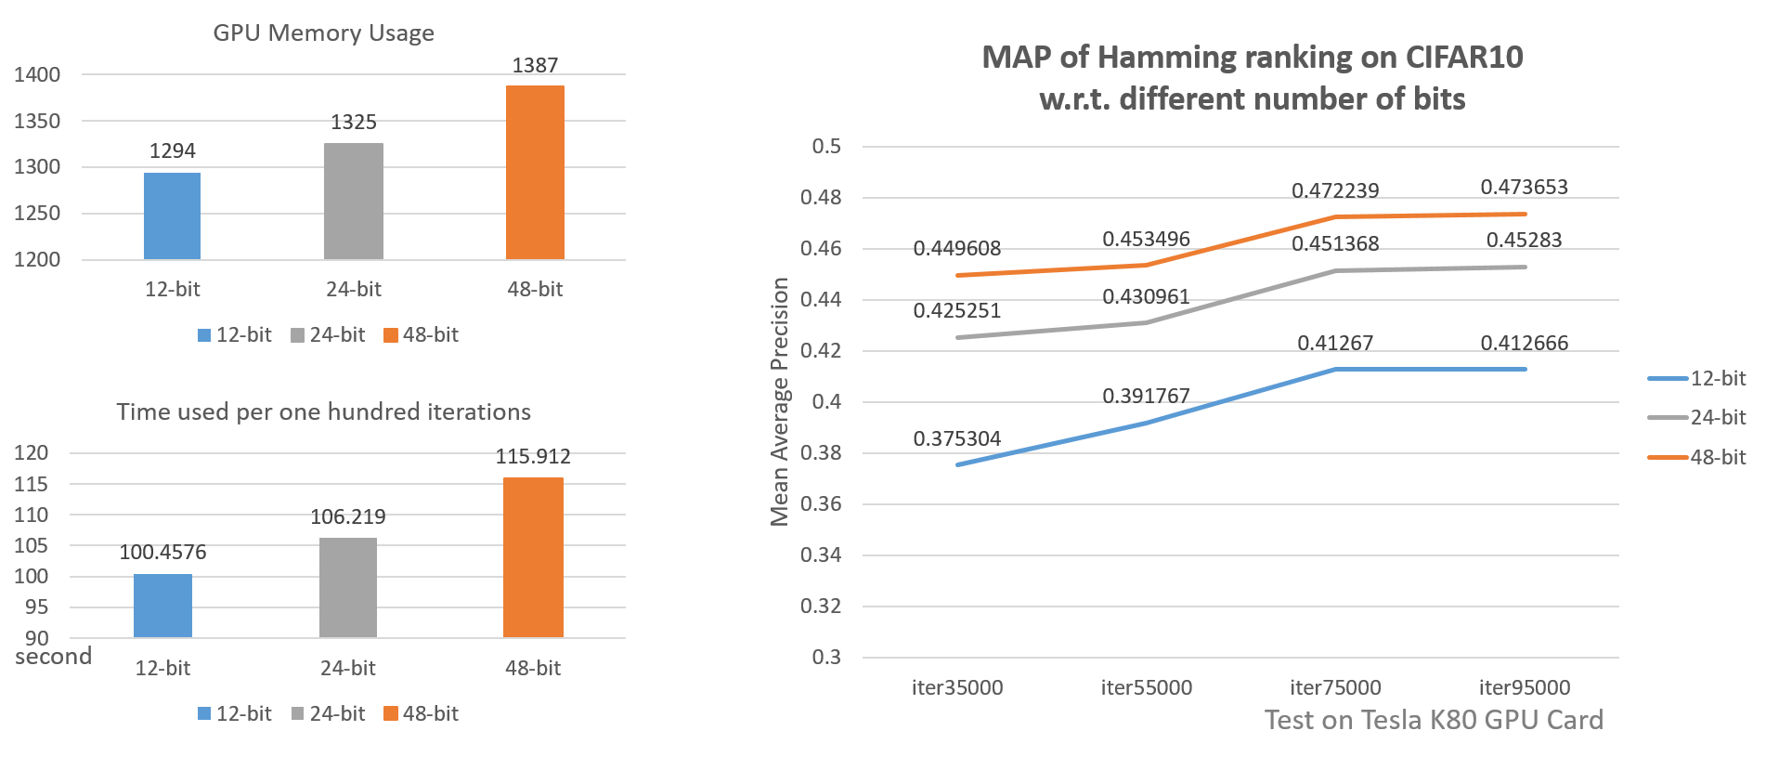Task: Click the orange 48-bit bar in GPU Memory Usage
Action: (x=535, y=173)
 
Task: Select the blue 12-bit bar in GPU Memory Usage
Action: (x=172, y=216)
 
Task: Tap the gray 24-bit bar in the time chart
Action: (x=348, y=587)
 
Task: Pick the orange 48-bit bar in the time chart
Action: (x=533, y=557)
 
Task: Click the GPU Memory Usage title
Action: (x=323, y=33)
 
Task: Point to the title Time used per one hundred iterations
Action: (x=323, y=412)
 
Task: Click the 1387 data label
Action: (x=535, y=66)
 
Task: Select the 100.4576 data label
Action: (x=162, y=553)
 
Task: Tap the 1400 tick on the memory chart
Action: (x=37, y=75)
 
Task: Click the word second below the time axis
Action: (x=53, y=657)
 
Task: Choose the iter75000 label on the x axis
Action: (x=1335, y=688)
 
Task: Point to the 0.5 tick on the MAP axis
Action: (x=825, y=147)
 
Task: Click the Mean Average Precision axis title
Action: (x=779, y=401)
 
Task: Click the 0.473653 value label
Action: (x=1524, y=188)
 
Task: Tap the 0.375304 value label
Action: (x=956, y=439)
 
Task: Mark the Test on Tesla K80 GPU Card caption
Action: (x=1434, y=720)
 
